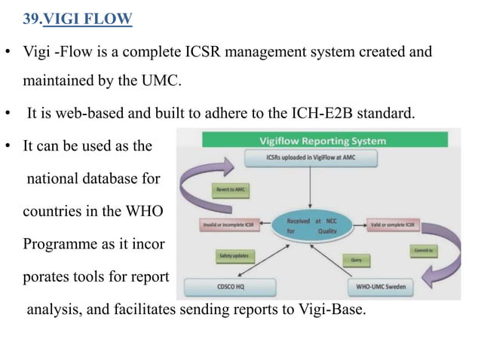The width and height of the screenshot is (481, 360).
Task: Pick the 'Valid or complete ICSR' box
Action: tap(394, 224)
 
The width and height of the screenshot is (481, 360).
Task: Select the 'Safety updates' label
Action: tap(234, 257)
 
